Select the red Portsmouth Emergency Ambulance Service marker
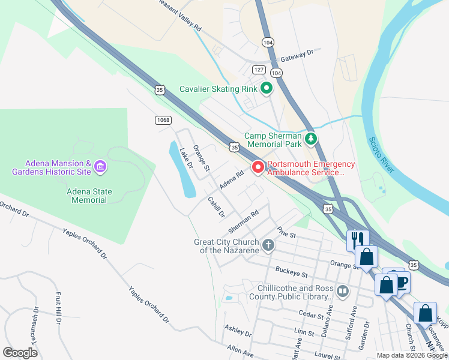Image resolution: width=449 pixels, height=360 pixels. tap(258, 167)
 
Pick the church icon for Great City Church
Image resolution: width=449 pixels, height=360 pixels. tap(268, 245)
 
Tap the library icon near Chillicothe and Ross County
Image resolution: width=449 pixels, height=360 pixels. tap(342, 292)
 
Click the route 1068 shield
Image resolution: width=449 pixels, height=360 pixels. tap(163, 120)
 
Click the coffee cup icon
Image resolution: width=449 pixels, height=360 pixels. tap(400, 281)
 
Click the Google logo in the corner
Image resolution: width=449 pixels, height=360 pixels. tap(20, 353)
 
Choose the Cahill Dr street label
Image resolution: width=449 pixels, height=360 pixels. tap(215, 206)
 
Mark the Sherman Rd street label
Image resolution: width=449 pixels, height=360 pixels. tap(243, 222)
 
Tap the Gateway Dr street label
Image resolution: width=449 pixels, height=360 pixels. tap(297, 56)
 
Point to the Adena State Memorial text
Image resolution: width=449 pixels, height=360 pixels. tap(89, 196)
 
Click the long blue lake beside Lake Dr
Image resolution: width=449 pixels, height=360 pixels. tap(181, 171)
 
